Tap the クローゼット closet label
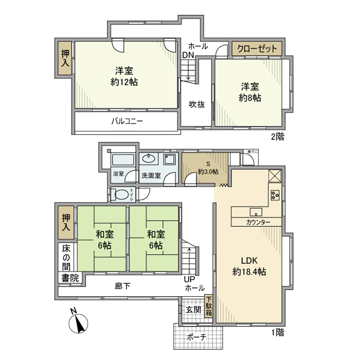(257, 49)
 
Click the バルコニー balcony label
(127, 121)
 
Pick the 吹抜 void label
(196, 104)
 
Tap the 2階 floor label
(278, 137)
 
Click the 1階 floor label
(278, 332)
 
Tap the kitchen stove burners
(275, 195)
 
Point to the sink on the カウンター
(256, 212)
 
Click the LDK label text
(249, 260)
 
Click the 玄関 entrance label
(193, 310)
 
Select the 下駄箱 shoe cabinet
(209, 308)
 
